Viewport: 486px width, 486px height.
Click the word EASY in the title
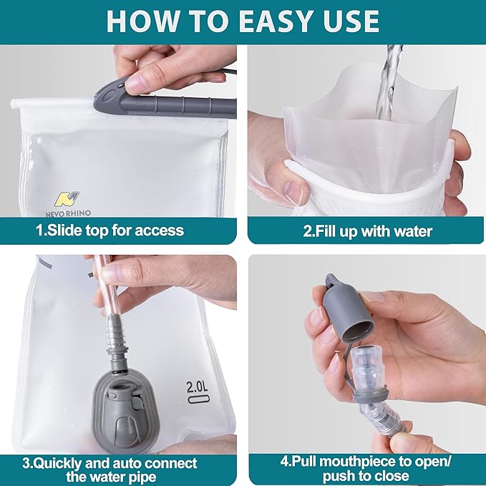[x=273, y=21]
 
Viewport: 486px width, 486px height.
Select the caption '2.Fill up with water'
[x=366, y=230]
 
